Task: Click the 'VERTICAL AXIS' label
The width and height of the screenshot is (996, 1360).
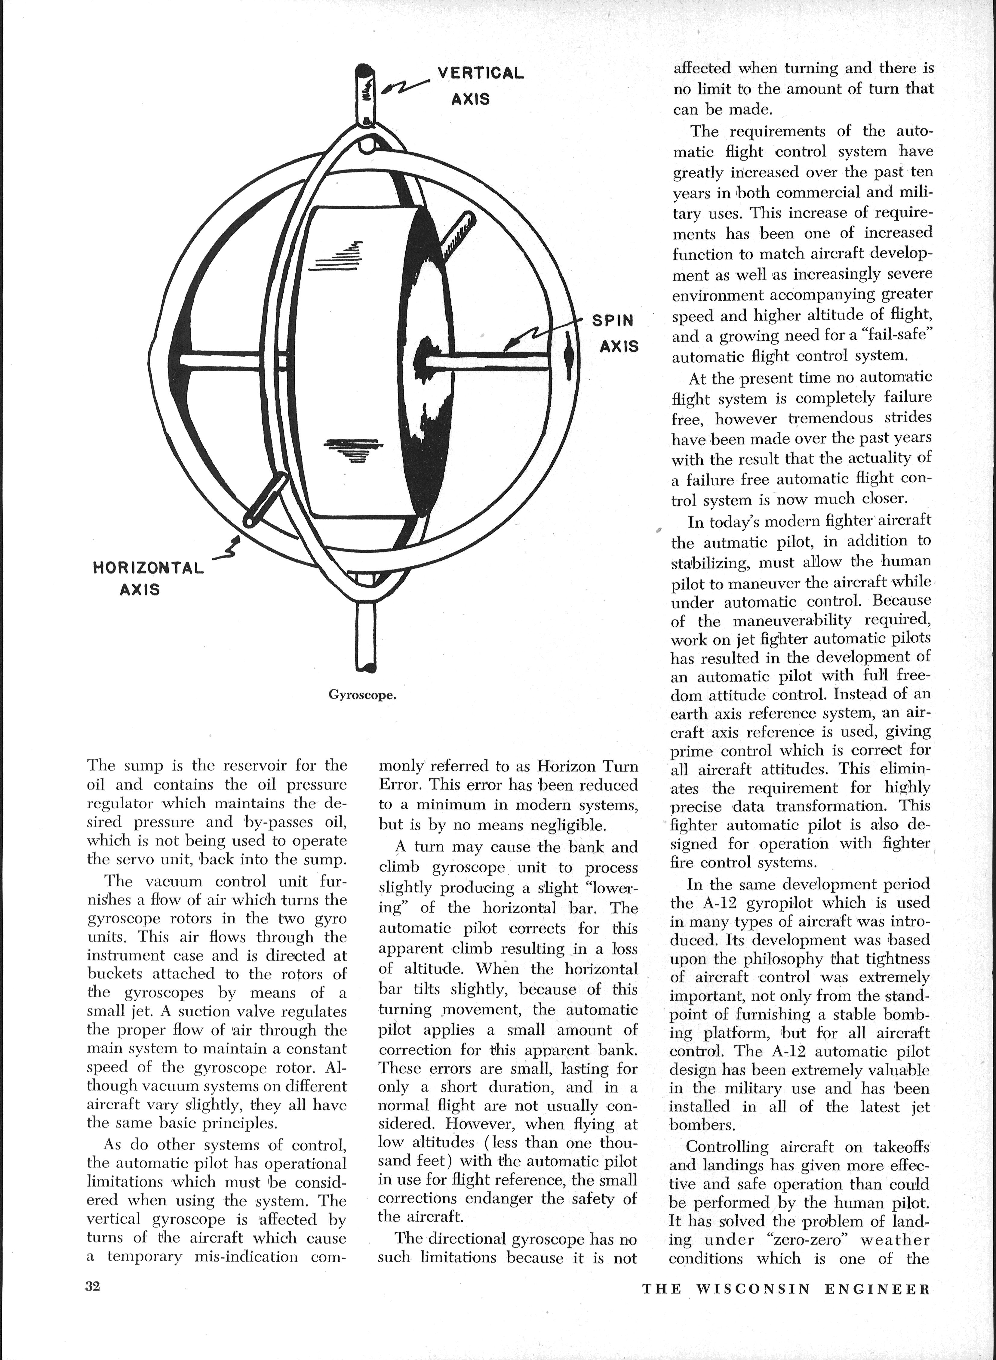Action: pyautogui.click(x=480, y=85)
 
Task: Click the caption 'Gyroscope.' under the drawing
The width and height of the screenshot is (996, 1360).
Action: pyautogui.click(x=362, y=695)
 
